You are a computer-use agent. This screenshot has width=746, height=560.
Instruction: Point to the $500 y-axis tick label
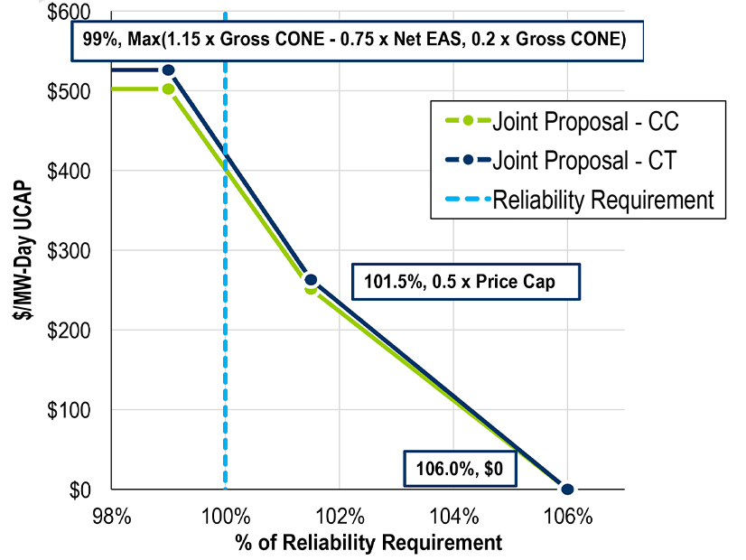pos(69,91)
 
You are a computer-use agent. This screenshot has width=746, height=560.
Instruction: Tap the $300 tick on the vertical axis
pos(69,250)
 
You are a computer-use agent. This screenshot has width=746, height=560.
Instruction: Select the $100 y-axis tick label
pos(69,409)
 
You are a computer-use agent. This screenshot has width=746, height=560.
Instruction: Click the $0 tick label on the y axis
pos(79,490)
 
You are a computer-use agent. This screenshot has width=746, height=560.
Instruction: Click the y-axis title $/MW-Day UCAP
pos(21,250)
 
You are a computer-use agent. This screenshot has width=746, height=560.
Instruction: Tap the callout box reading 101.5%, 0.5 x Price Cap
pos(464,282)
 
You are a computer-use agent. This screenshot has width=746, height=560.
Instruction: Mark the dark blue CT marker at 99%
pos(168,70)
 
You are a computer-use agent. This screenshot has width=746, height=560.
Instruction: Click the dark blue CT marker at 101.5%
pos(311,280)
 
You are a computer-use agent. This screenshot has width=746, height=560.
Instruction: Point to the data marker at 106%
pos(567,489)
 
